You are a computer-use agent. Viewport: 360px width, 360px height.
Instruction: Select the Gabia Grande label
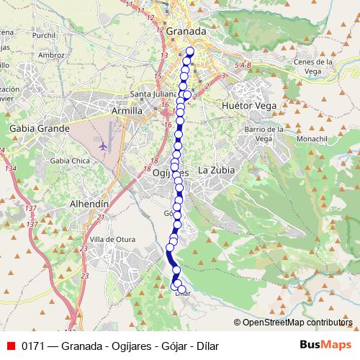[39, 128]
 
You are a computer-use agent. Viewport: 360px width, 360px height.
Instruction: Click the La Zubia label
[216, 171]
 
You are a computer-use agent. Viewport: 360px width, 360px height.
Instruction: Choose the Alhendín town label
[88, 204]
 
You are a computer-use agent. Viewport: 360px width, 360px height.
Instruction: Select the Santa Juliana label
[149, 94]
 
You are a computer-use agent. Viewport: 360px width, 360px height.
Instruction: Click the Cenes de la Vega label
[313, 66]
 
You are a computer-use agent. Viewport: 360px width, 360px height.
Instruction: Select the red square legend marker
[11, 346]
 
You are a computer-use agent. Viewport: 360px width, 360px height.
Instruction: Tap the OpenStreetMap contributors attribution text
[297, 322]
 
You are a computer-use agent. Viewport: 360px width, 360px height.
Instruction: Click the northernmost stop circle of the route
[191, 51]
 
